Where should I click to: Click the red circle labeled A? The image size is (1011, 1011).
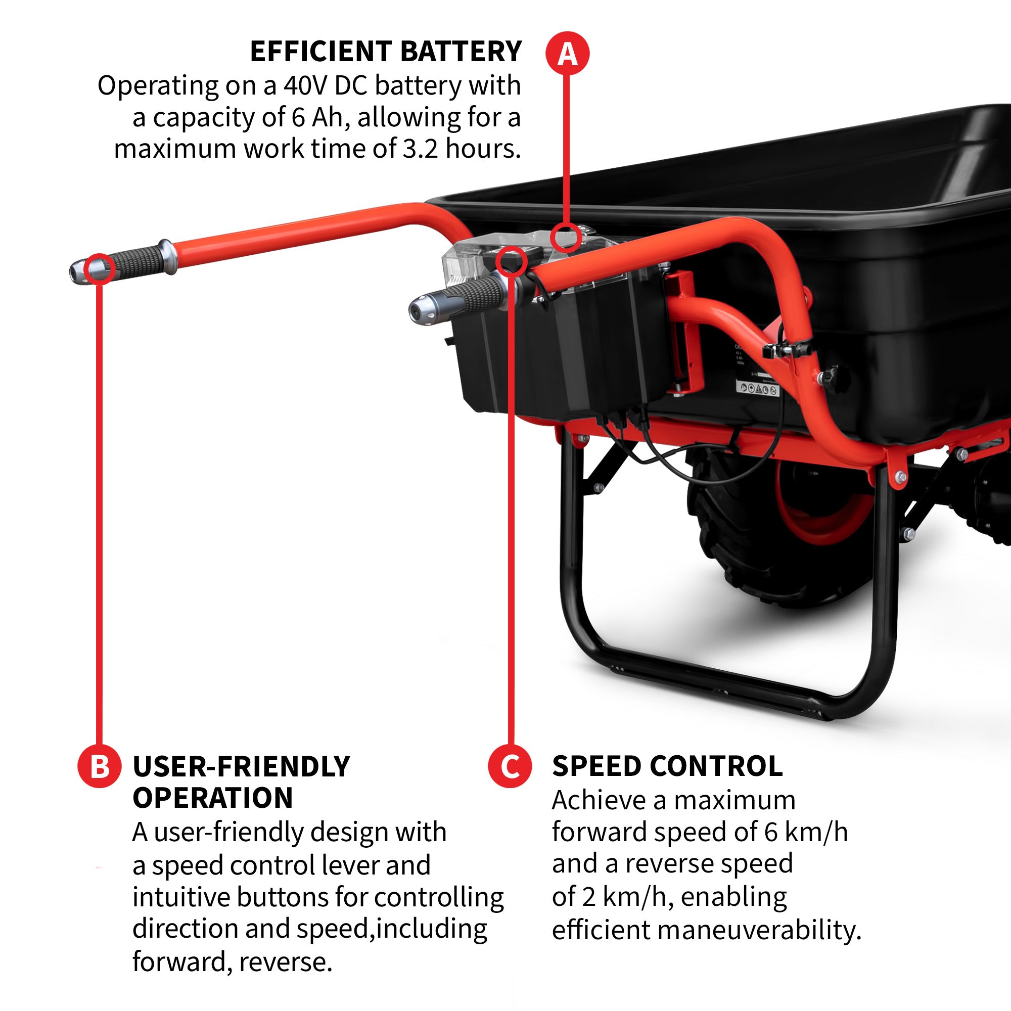pyautogui.click(x=567, y=54)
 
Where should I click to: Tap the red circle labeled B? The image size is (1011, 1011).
pyautogui.click(x=100, y=767)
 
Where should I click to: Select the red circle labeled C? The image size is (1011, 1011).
pyautogui.click(x=510, y=767)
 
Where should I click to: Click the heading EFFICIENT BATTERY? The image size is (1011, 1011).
pyautogui.click(x=386, y=51)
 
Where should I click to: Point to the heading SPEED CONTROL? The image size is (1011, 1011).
pyautogui.click(x=667, y=767)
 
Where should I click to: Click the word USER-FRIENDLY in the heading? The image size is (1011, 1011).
pyautogui.click(x=241, y=767)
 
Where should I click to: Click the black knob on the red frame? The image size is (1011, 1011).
pyautogui.click(x=834, y=375)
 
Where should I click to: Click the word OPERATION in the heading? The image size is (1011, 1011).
pyautogui.click(x=212, y=798)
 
